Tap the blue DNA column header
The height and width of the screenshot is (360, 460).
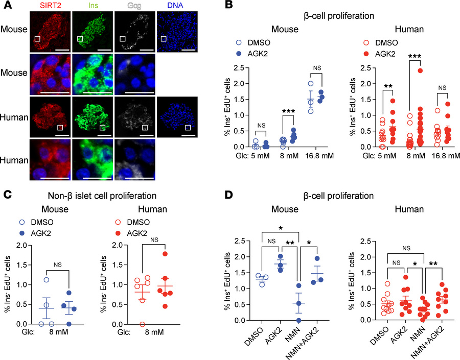click(x=176, y=6)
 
